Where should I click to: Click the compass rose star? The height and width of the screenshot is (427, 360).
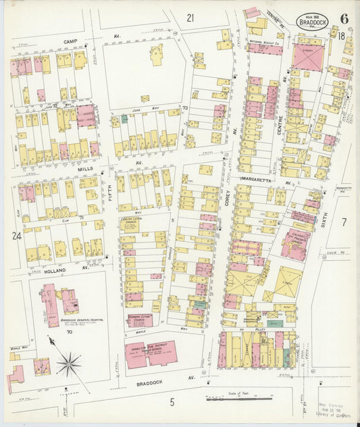[69, 365]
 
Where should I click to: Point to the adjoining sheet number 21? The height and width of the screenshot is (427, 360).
[190, 18]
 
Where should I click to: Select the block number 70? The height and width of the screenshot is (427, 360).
[69, 332]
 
